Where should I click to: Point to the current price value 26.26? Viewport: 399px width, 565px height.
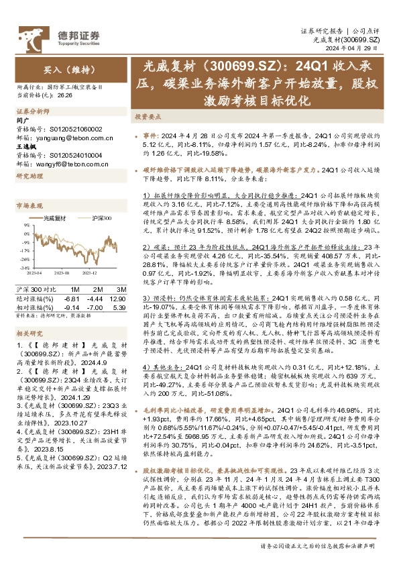65,96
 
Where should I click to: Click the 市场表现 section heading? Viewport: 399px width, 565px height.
29,205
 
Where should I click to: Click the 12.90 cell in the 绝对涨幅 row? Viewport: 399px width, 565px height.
116,298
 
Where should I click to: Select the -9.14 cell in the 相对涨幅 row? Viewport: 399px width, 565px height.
70,307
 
